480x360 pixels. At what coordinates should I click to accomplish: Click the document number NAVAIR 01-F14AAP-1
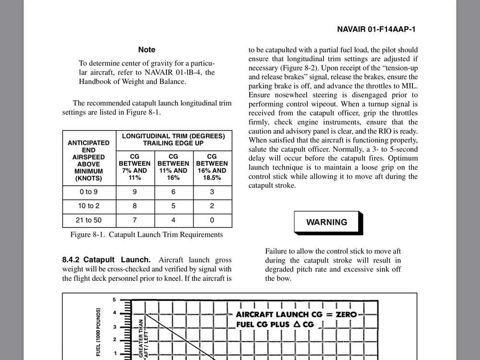click(x=376, y=29)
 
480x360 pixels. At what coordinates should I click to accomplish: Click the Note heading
click(x=146, y=49)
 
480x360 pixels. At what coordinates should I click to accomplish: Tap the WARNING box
click(x=326, y=222)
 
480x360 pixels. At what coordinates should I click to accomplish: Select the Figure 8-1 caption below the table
click(x=146, y=235)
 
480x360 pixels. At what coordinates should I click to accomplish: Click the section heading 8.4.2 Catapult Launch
click(x=106, y=260)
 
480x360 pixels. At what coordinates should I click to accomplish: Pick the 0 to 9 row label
click(x=89, y=192)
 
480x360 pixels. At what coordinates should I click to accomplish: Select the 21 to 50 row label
click(x=89, y=220)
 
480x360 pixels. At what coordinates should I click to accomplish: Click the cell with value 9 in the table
click(x=135, y=192)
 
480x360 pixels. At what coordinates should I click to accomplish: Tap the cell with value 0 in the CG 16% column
click(x=212, y=220)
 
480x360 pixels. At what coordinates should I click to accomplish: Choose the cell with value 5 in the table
click(x=173, y=206)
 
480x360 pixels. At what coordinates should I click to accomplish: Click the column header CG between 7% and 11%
click(x=135, y=167)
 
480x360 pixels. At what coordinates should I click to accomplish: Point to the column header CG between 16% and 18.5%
click(x=212, y=167)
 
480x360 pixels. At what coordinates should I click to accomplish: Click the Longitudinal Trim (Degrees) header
click(x=173, y=140)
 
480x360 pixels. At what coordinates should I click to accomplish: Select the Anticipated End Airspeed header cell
click(x=89, y=160)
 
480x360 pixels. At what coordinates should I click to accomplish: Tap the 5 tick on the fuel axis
click(x=114, y=300)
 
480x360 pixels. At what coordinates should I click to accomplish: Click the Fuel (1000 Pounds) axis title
click(x=98, y=332)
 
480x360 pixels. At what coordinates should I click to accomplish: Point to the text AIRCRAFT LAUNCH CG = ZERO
click(x=296, y=314)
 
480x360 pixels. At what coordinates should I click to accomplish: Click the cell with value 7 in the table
click(x=135, y=220)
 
